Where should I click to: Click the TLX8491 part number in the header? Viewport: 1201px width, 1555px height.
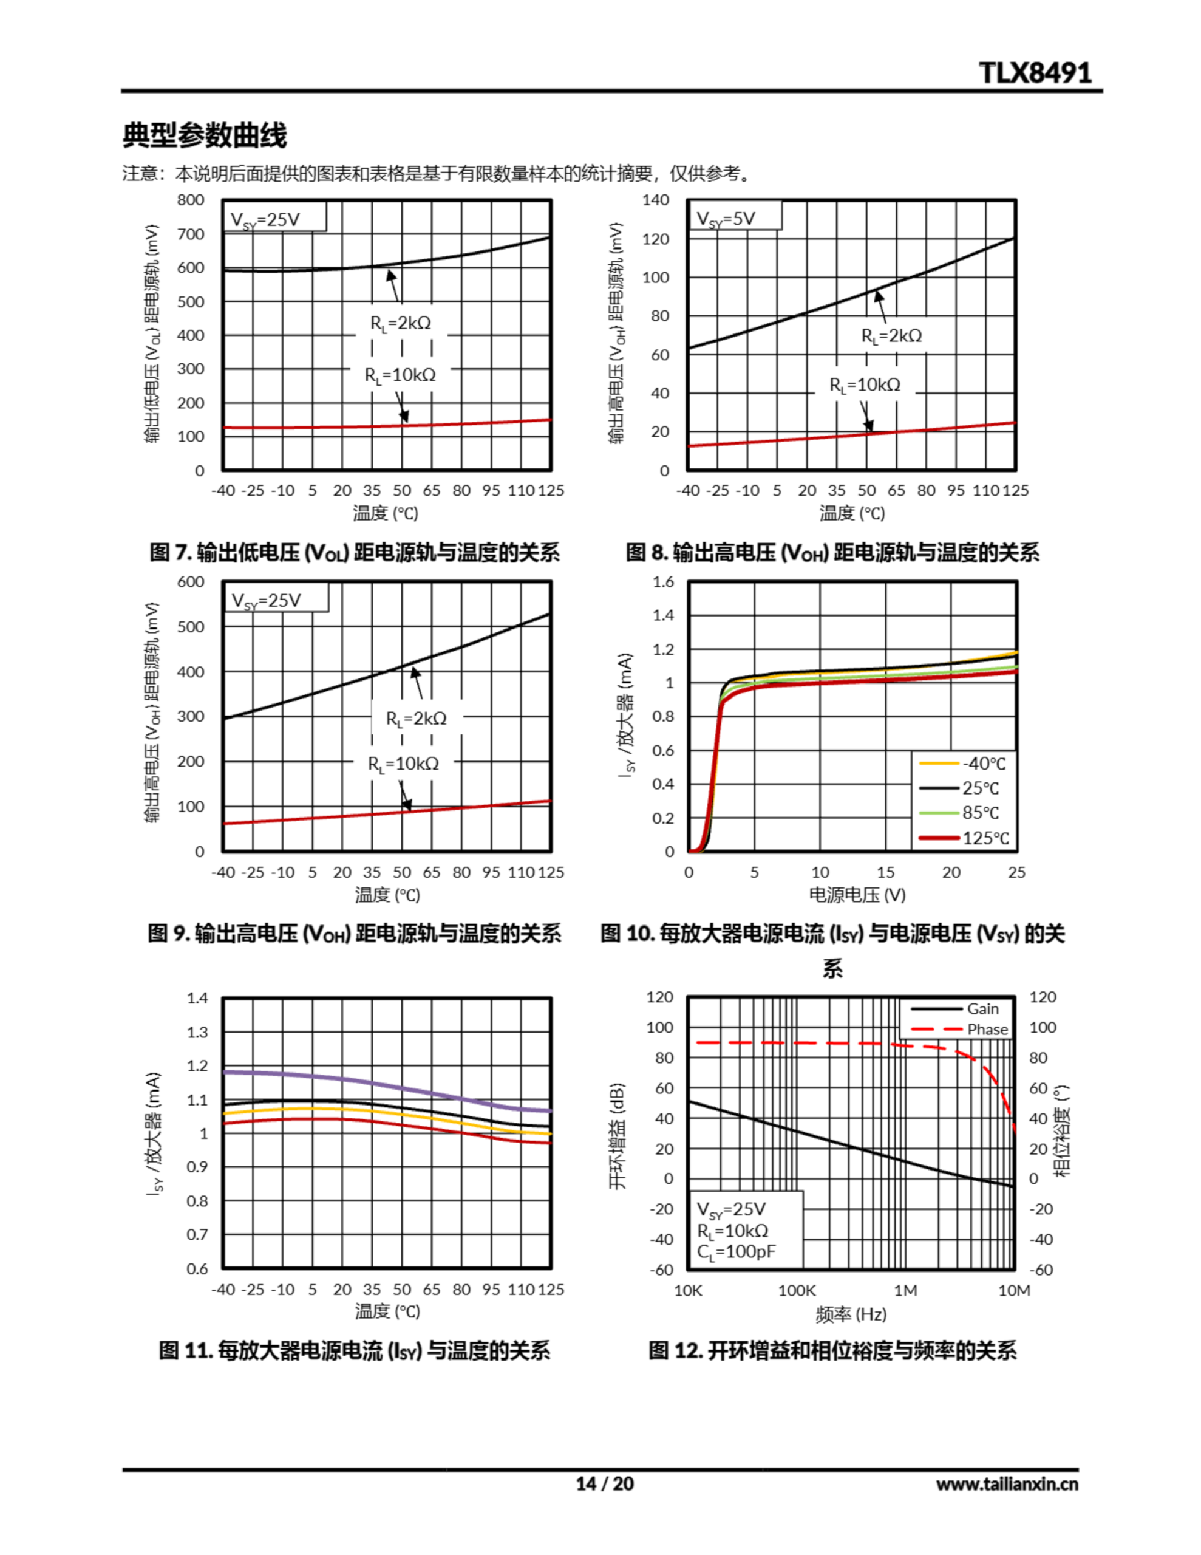1035,73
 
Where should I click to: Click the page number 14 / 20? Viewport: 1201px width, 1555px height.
604,1484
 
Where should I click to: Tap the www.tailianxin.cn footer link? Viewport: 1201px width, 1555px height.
1007,1484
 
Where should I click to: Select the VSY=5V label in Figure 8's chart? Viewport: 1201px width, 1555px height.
727,218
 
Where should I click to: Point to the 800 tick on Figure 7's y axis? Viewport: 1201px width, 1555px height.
191,200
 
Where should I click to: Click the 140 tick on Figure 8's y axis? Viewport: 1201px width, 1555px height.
655,200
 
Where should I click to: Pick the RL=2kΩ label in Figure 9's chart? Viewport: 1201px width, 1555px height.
417,718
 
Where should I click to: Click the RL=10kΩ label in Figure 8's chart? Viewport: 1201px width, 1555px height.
865,385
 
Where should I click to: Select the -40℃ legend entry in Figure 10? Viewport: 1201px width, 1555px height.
983,764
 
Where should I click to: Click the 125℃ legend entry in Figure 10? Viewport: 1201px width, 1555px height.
985,838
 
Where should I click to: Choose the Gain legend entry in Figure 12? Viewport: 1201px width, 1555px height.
982,1009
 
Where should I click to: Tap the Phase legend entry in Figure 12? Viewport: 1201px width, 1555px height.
987,1030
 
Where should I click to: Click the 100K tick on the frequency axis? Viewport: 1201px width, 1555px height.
797,1291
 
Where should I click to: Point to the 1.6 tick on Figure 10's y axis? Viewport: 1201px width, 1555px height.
663,582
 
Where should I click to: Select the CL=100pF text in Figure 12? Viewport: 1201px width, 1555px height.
736,1253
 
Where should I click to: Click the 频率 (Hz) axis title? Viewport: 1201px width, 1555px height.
851,1314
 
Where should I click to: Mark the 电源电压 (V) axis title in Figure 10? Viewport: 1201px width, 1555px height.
857,895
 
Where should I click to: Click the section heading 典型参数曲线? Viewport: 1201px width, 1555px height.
205,135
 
